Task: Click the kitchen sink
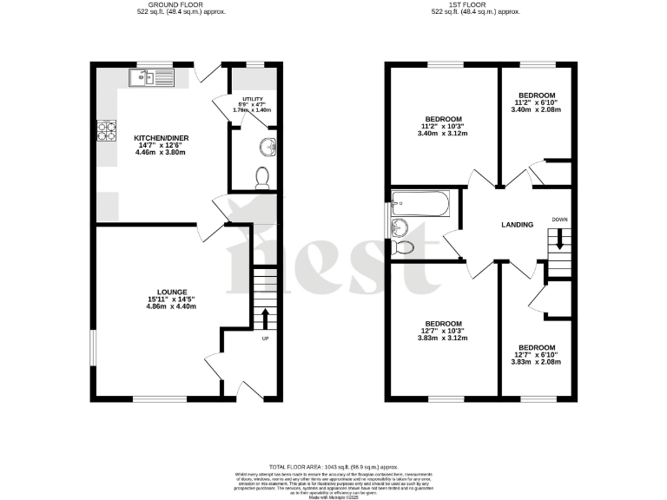[150, 80]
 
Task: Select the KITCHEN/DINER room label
[162, 138]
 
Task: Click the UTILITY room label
[253, 98]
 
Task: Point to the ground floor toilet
[263, 179]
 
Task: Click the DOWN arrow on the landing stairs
[559, 239]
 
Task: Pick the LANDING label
[518, 225]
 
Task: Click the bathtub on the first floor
[419, 206]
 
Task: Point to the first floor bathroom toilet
[404, 248]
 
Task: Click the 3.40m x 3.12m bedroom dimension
[443, 133]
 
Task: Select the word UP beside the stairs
[265, 339]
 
